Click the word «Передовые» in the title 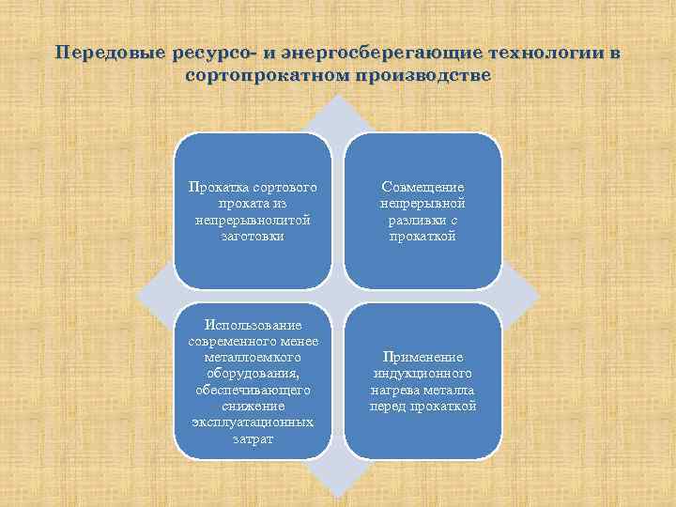106,54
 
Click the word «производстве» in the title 422,74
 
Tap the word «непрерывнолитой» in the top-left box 253,220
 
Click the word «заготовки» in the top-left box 253,236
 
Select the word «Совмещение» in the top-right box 422,187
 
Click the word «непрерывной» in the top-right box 422,203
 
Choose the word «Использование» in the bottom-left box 252,325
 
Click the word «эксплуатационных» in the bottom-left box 252,422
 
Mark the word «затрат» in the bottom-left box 252,438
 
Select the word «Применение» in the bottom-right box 422,357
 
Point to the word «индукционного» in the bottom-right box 422,374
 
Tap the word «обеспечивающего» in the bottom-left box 252,390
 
